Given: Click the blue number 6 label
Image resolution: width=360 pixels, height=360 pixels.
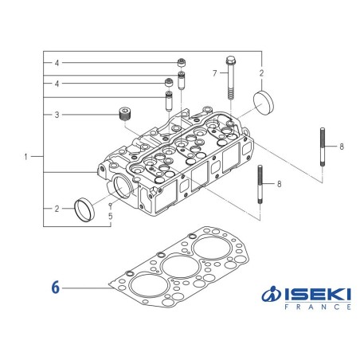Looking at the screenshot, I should click(x=55, y=286).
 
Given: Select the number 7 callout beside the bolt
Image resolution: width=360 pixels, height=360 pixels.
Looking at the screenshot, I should click(x=214, y=73).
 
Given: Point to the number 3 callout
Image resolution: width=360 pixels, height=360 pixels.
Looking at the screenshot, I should click(x=57, y=115).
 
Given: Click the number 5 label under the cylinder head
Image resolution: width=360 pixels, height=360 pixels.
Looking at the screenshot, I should click(x=110, y=215).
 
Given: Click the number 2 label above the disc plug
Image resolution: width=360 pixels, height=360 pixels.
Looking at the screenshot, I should click(x=261, y=73).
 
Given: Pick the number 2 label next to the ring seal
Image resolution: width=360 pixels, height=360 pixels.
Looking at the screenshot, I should click(x=57, y=209).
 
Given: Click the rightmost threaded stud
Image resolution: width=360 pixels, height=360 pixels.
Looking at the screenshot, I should click(x=321, y=147).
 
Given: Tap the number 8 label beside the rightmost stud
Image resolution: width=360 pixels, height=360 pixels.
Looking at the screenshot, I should click(x=340, y=147).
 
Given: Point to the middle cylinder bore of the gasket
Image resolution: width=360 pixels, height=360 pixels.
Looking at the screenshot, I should click(x=179, y=266).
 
